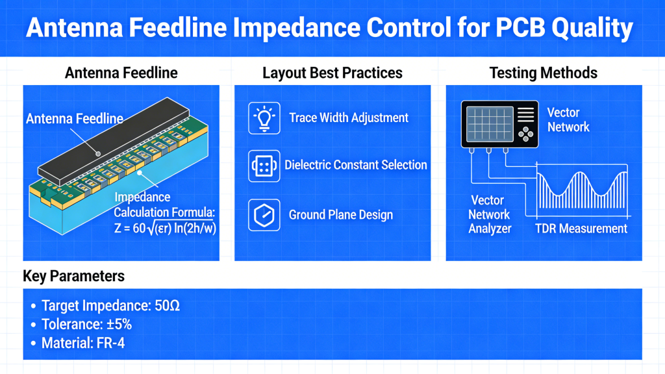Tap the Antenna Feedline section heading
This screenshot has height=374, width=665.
(121, 73)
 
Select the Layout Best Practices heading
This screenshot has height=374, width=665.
(332, 73)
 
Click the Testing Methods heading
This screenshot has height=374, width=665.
(543, 73)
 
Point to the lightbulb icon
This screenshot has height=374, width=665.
(264, 118)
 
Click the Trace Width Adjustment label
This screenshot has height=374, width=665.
(349, 118)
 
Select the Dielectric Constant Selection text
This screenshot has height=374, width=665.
(356, 165)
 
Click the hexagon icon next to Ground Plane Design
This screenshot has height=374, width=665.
(264, 215)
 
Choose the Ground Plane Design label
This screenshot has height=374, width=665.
(340, 215)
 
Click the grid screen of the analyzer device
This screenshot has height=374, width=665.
(488, 123)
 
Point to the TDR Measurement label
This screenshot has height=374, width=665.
(581, 229)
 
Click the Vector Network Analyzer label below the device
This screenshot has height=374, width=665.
(490, 214)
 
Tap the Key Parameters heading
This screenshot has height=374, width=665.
(73, 276)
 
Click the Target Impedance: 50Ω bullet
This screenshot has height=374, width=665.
(110, 306)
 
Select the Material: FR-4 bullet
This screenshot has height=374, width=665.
(82, 342)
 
